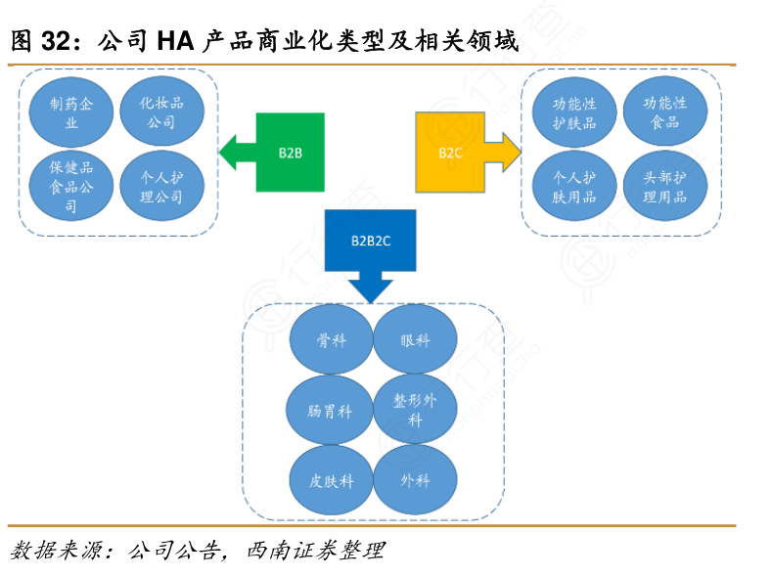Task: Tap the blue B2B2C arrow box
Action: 370,242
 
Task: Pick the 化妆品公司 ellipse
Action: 162,111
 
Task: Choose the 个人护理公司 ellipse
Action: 162,185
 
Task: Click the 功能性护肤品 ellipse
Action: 573,111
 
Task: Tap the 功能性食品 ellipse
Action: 664,111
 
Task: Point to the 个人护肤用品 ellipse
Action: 573,185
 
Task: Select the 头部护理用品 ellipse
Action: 664,185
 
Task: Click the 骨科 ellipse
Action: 331,340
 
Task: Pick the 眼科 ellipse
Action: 415,340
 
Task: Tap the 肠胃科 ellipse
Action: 331,411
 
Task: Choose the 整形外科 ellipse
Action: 415,411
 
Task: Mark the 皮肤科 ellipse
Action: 331,481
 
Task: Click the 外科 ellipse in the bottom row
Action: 415,481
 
